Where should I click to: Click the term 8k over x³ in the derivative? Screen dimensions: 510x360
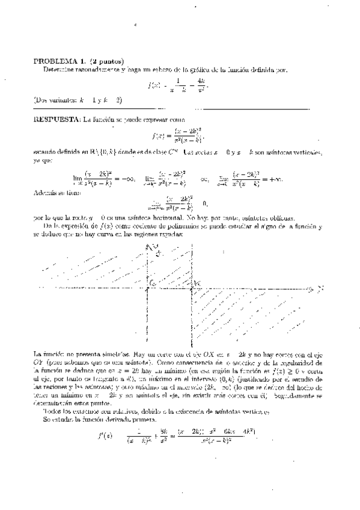(163, 436)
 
